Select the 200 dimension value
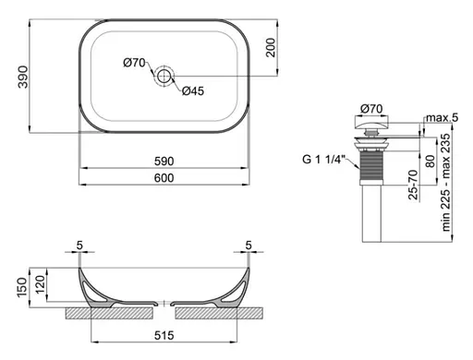coord(271,48)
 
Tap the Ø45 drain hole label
coord(192,90)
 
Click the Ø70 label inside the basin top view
coord(135,62)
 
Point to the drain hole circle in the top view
coord(166,77)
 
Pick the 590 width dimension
coord(164,161)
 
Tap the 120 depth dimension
coord(39,281)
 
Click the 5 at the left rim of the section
coord(81,246)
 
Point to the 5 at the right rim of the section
coord(249,246)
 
